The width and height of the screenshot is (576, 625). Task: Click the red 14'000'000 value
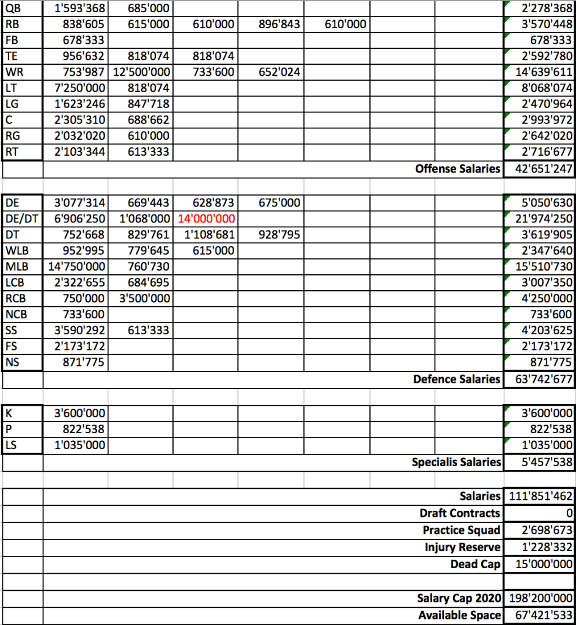pyautogui.click(x=205, y=218)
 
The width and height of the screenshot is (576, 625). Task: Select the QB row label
pyautogui.click(x=11, y=9)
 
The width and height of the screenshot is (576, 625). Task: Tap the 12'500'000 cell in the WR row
pyautogui.click(x=142, y=73)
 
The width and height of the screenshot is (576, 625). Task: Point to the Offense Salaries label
pyautogui.click(x=457, y=169)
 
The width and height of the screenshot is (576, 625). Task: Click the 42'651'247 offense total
pyautogui.click(x=539, y=169)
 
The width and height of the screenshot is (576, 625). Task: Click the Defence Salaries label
pyautogui.click(x=456, y=379)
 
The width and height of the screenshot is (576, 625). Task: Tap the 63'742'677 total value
pyautogui.click(x=539, y=379)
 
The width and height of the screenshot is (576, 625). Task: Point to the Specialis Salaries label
pyautogui.click(x=456, y=462)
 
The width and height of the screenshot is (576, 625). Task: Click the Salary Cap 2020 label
pyautogui.click(x=459, y=598)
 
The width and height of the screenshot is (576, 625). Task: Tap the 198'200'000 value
pyautogui.click(x=539, y=598)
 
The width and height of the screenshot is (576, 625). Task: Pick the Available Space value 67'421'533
pyautogui.click(x=539, y=615)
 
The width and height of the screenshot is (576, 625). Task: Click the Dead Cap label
pyautogui.click(x=475, y=564)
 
